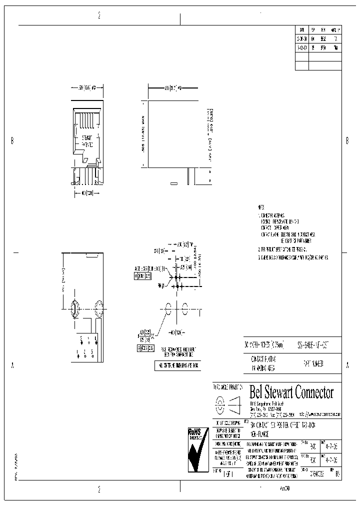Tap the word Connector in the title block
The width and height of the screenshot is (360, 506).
click(313, 392)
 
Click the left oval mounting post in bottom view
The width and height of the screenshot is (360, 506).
click(73, 308)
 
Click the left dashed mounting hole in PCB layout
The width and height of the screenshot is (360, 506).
click(168, 309)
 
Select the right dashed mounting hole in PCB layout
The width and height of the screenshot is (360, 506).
click(185, 309)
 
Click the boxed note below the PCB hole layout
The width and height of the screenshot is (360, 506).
click(177, 365)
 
